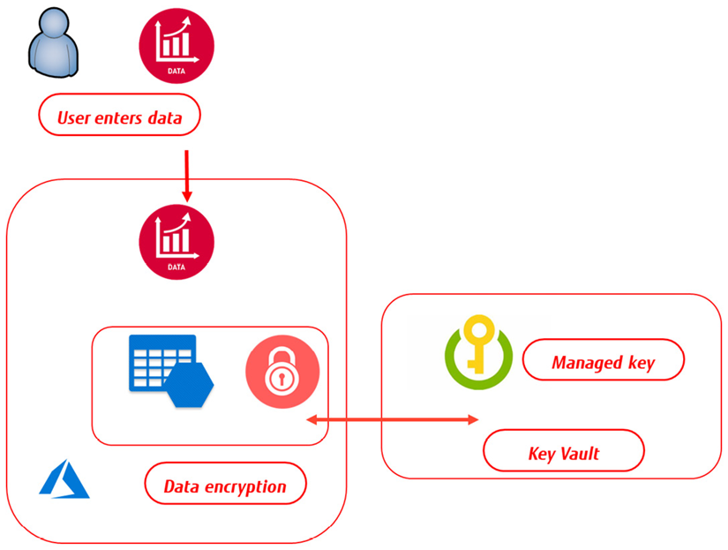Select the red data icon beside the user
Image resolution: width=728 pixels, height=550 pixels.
point(176,45)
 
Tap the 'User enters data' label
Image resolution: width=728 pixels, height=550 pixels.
point(120,117)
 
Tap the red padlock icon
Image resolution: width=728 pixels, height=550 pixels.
point(280,372)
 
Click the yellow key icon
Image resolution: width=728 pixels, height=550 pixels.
point(477,352)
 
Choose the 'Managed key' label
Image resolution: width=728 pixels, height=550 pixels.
point(603,362)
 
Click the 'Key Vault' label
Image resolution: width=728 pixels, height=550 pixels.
point(563,453)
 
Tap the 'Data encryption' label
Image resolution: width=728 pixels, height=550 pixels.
point(224,486)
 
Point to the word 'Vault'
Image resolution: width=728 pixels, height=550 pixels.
point(579,453)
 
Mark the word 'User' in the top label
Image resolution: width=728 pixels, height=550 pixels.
point(74,117)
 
